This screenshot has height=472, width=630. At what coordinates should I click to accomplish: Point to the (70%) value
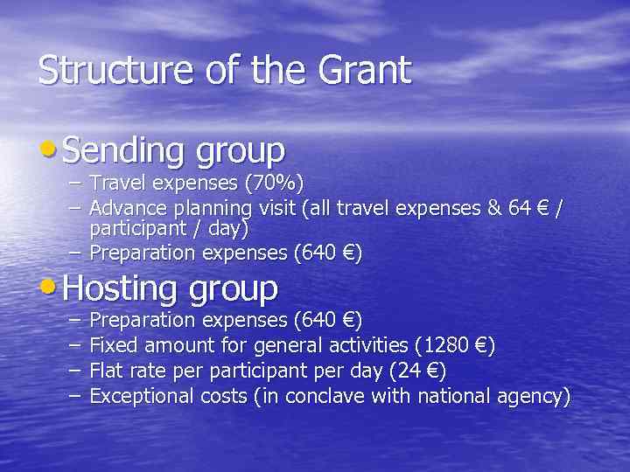pos(271,184)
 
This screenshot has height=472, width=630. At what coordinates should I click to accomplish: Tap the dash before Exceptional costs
pos(73,397)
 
